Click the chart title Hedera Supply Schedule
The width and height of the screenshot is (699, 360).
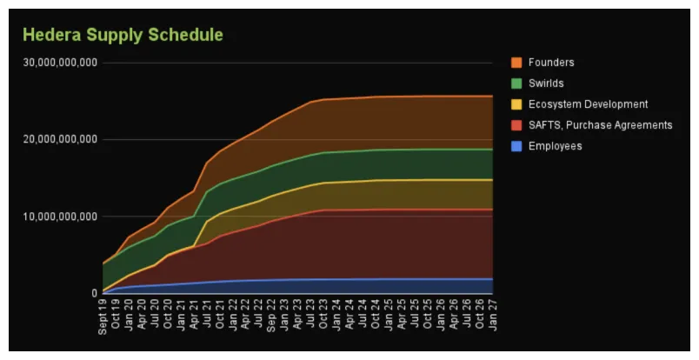coord(123,36)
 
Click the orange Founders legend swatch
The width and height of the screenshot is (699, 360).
coord(516,63)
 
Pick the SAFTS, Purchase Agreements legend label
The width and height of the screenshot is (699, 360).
coord(600,125)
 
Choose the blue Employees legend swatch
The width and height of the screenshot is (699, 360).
coord(516,146)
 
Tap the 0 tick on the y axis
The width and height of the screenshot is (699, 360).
coord(94,293)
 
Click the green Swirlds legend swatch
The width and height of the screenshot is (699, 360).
coord(516,83)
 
